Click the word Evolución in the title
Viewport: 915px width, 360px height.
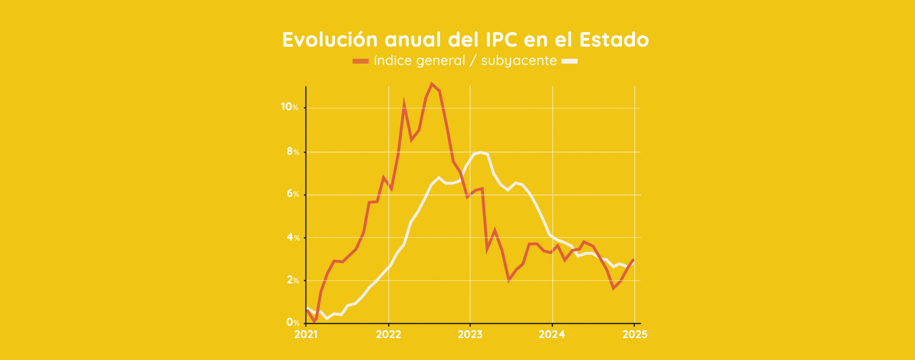pos(330,40)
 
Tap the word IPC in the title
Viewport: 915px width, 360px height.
pos(501,40)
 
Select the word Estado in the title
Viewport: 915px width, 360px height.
pos(614,40)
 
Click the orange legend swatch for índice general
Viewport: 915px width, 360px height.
pos(360,61)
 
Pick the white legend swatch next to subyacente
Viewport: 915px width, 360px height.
pos(569,61)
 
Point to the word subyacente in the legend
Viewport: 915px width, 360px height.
pos(519,61)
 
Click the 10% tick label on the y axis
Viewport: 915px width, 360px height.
pos(289,107)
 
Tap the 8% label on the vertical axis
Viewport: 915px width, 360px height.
pos(293,152)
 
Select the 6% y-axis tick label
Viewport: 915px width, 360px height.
pos(293,194)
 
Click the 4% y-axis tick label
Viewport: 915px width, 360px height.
pos(293,237)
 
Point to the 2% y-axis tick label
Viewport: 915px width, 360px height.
pos(293,280)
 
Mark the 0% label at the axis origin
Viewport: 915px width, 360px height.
pos(293,322)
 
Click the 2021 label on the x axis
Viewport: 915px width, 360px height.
pos(306,335)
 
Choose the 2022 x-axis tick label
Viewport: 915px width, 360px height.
pos(389,335)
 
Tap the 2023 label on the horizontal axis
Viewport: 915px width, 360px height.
pos(470,335)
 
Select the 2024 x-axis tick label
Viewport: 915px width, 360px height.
pos(552,335)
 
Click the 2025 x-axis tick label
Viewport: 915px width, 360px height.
pos(635,335)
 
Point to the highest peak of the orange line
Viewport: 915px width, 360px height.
pos(432,84)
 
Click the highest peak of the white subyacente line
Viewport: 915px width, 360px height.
pos(480,152)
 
